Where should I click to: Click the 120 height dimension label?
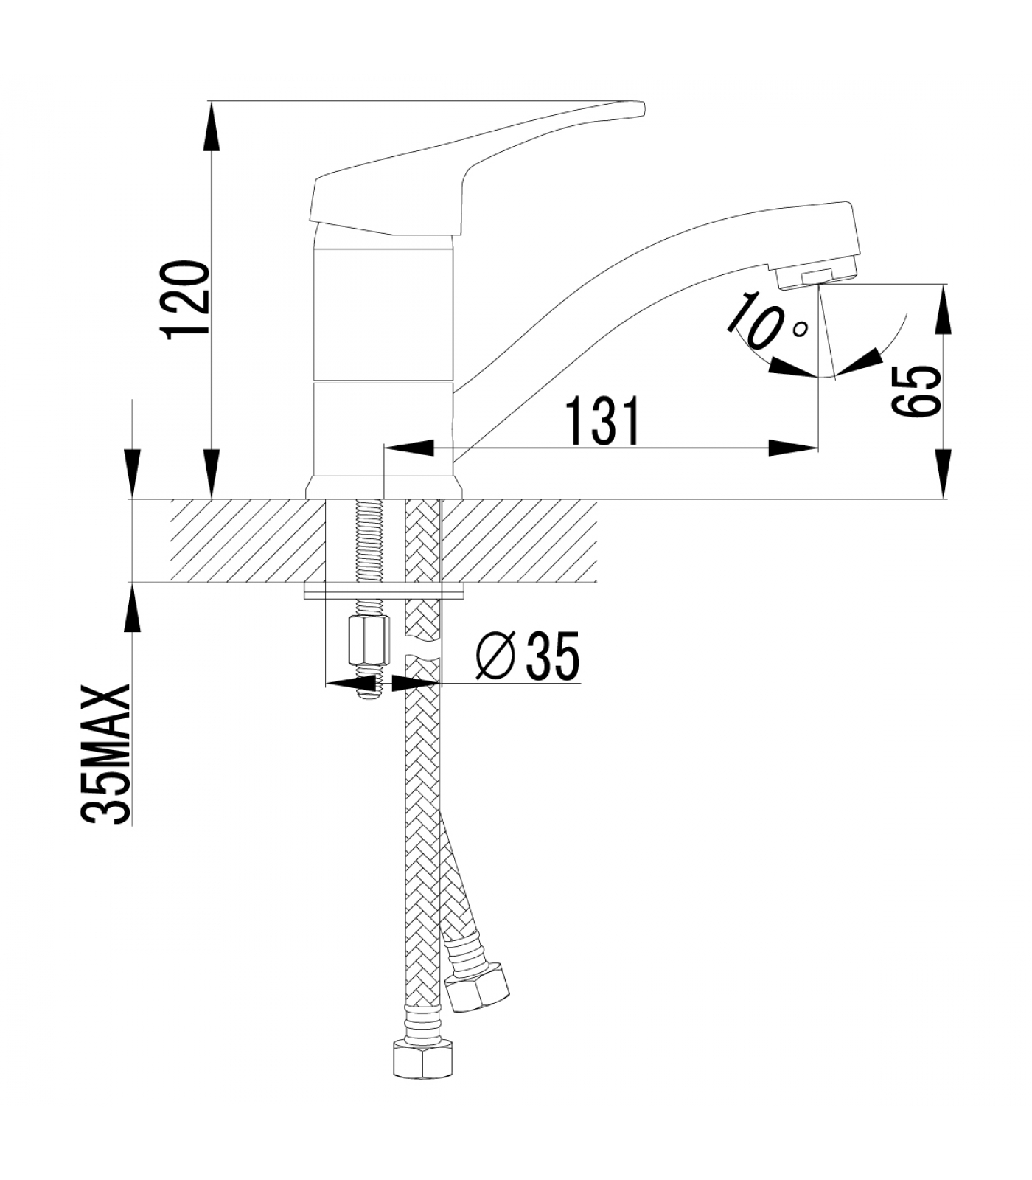(186, 299)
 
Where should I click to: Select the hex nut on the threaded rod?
(366, 644)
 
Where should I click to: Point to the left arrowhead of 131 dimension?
(407, 447)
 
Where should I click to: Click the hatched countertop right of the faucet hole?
(520, 541)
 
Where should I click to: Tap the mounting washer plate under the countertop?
(385, 591)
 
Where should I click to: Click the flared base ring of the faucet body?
(384, 487)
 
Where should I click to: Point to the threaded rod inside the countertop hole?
(366, 541)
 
